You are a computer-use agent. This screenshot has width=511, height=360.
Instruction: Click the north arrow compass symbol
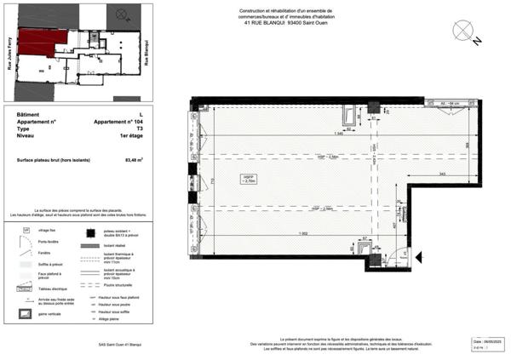click(464, 31)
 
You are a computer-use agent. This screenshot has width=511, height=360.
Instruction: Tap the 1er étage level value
click(130, 136)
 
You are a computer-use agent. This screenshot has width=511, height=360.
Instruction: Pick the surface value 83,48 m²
click(134, 158)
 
